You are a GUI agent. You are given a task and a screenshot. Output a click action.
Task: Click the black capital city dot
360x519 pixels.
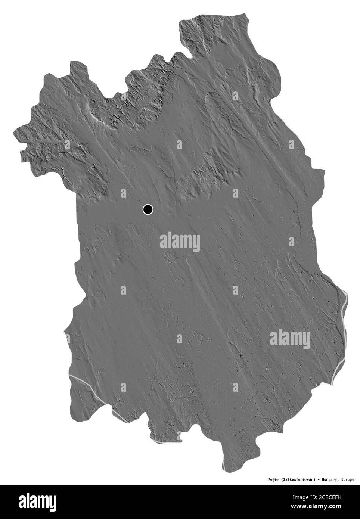(148, 209)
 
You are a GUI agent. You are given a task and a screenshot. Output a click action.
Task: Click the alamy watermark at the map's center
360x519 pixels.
(180, 242)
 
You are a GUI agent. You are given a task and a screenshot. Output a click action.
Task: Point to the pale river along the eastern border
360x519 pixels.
(342, 329)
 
